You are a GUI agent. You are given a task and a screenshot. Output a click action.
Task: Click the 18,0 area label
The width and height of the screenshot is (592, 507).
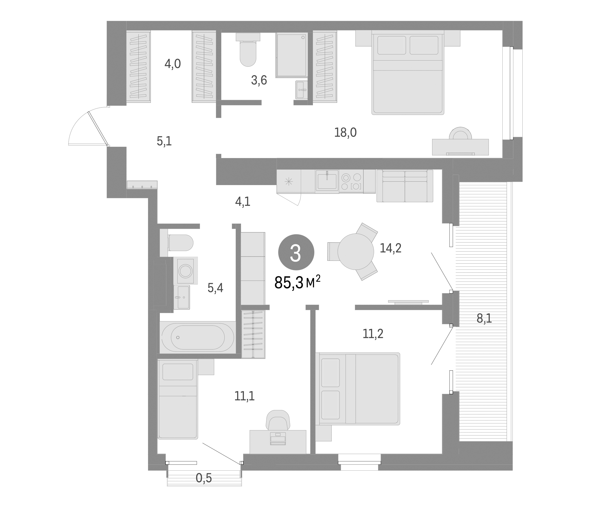tap(345, 133)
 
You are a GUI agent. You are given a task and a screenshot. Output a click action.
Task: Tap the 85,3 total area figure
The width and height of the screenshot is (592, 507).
tap(289, 283)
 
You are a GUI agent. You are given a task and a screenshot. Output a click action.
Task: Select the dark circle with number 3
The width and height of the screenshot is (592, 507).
tap(296, 252)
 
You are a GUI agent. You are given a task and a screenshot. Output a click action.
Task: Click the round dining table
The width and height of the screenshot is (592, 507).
tap(355, 252)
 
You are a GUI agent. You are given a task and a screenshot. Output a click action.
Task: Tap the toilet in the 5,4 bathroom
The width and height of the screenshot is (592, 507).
tap(181, 243)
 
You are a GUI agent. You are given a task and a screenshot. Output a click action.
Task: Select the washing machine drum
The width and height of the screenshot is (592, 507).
tap(185, 271)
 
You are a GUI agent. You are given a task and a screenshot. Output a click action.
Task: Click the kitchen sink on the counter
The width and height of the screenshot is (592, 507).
tap(327, 181)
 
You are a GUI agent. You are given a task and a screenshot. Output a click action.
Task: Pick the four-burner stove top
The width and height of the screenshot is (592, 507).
tap(351, 182)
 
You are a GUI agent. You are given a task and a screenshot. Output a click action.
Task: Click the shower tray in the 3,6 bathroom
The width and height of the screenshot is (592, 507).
tap(291, 55)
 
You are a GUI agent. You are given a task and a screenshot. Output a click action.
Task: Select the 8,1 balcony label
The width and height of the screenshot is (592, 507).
tap(484, 318)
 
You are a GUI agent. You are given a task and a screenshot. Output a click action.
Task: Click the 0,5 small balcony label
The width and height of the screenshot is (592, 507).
tap(204, 478)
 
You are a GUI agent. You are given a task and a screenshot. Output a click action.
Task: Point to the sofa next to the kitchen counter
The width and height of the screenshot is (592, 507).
tap(405, 186)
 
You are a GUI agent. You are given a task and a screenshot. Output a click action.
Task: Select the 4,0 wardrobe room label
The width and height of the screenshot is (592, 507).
tap(173, 64)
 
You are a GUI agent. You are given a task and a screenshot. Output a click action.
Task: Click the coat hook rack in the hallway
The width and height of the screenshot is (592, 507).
tap(142, 185)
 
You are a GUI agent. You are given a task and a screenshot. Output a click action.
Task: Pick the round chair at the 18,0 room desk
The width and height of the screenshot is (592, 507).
tap(460, 133)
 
